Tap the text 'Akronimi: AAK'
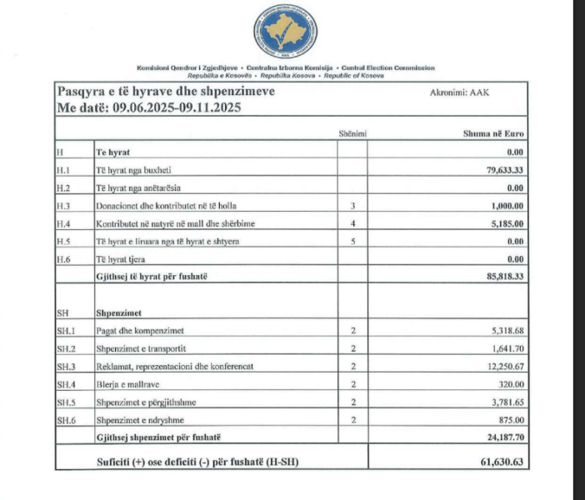[460, 92]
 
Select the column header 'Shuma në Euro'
[493, 133]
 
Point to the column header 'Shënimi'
[352, 133]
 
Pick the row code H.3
[63, 205]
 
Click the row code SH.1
[66, 331]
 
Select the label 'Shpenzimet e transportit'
[143, 348]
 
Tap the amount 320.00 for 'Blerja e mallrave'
[511, 384]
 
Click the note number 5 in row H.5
[353, 241]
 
